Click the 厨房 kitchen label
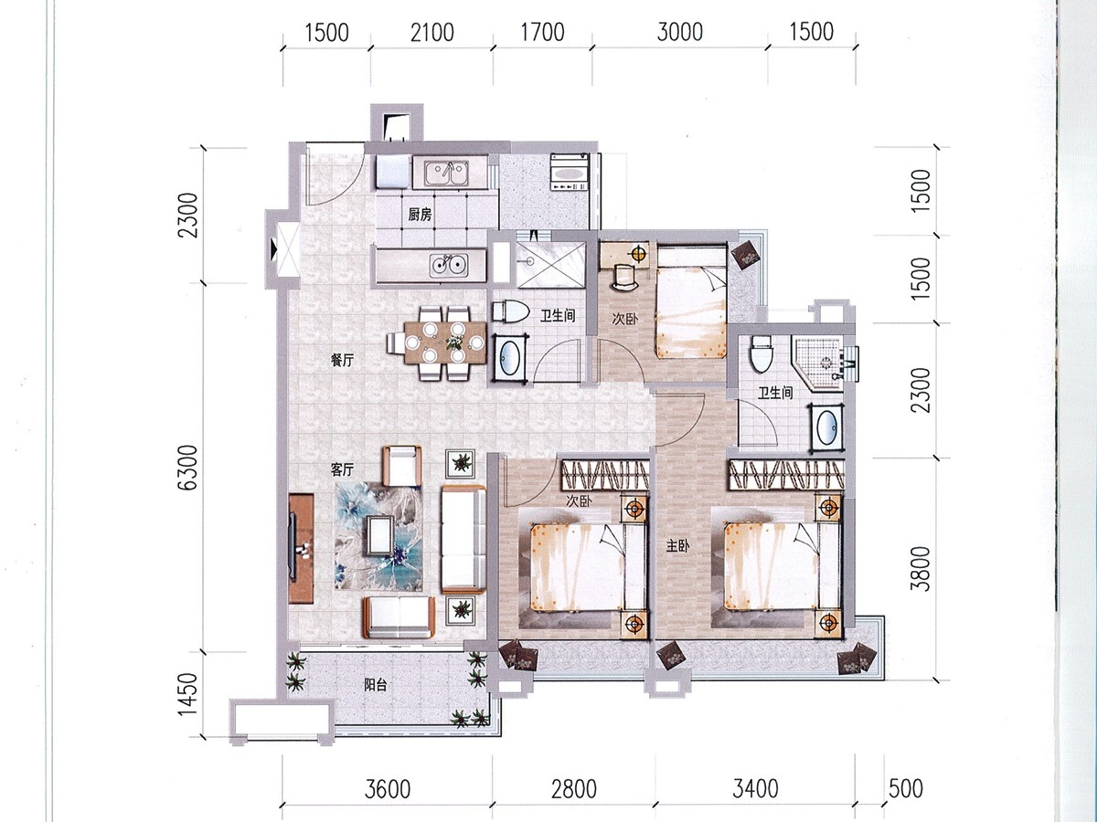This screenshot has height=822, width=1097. (420, 216)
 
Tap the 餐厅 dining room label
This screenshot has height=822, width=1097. (342, 360)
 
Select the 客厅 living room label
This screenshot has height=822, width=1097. (342, 469)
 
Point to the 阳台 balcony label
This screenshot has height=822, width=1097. (376, 685)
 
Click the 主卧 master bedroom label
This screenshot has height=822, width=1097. (677, 546)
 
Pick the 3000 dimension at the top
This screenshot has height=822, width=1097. (680, 33)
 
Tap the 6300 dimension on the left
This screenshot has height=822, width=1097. (190, 469)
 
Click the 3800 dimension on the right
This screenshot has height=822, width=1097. (921, 569)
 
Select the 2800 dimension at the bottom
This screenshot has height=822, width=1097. (574, 789)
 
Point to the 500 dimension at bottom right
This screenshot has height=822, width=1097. (906, 789)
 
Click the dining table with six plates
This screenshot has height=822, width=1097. (445, 342)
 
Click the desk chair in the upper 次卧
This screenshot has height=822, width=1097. (623, 276)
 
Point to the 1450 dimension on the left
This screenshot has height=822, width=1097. (188, 694)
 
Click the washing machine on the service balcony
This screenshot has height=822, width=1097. (570, 172)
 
